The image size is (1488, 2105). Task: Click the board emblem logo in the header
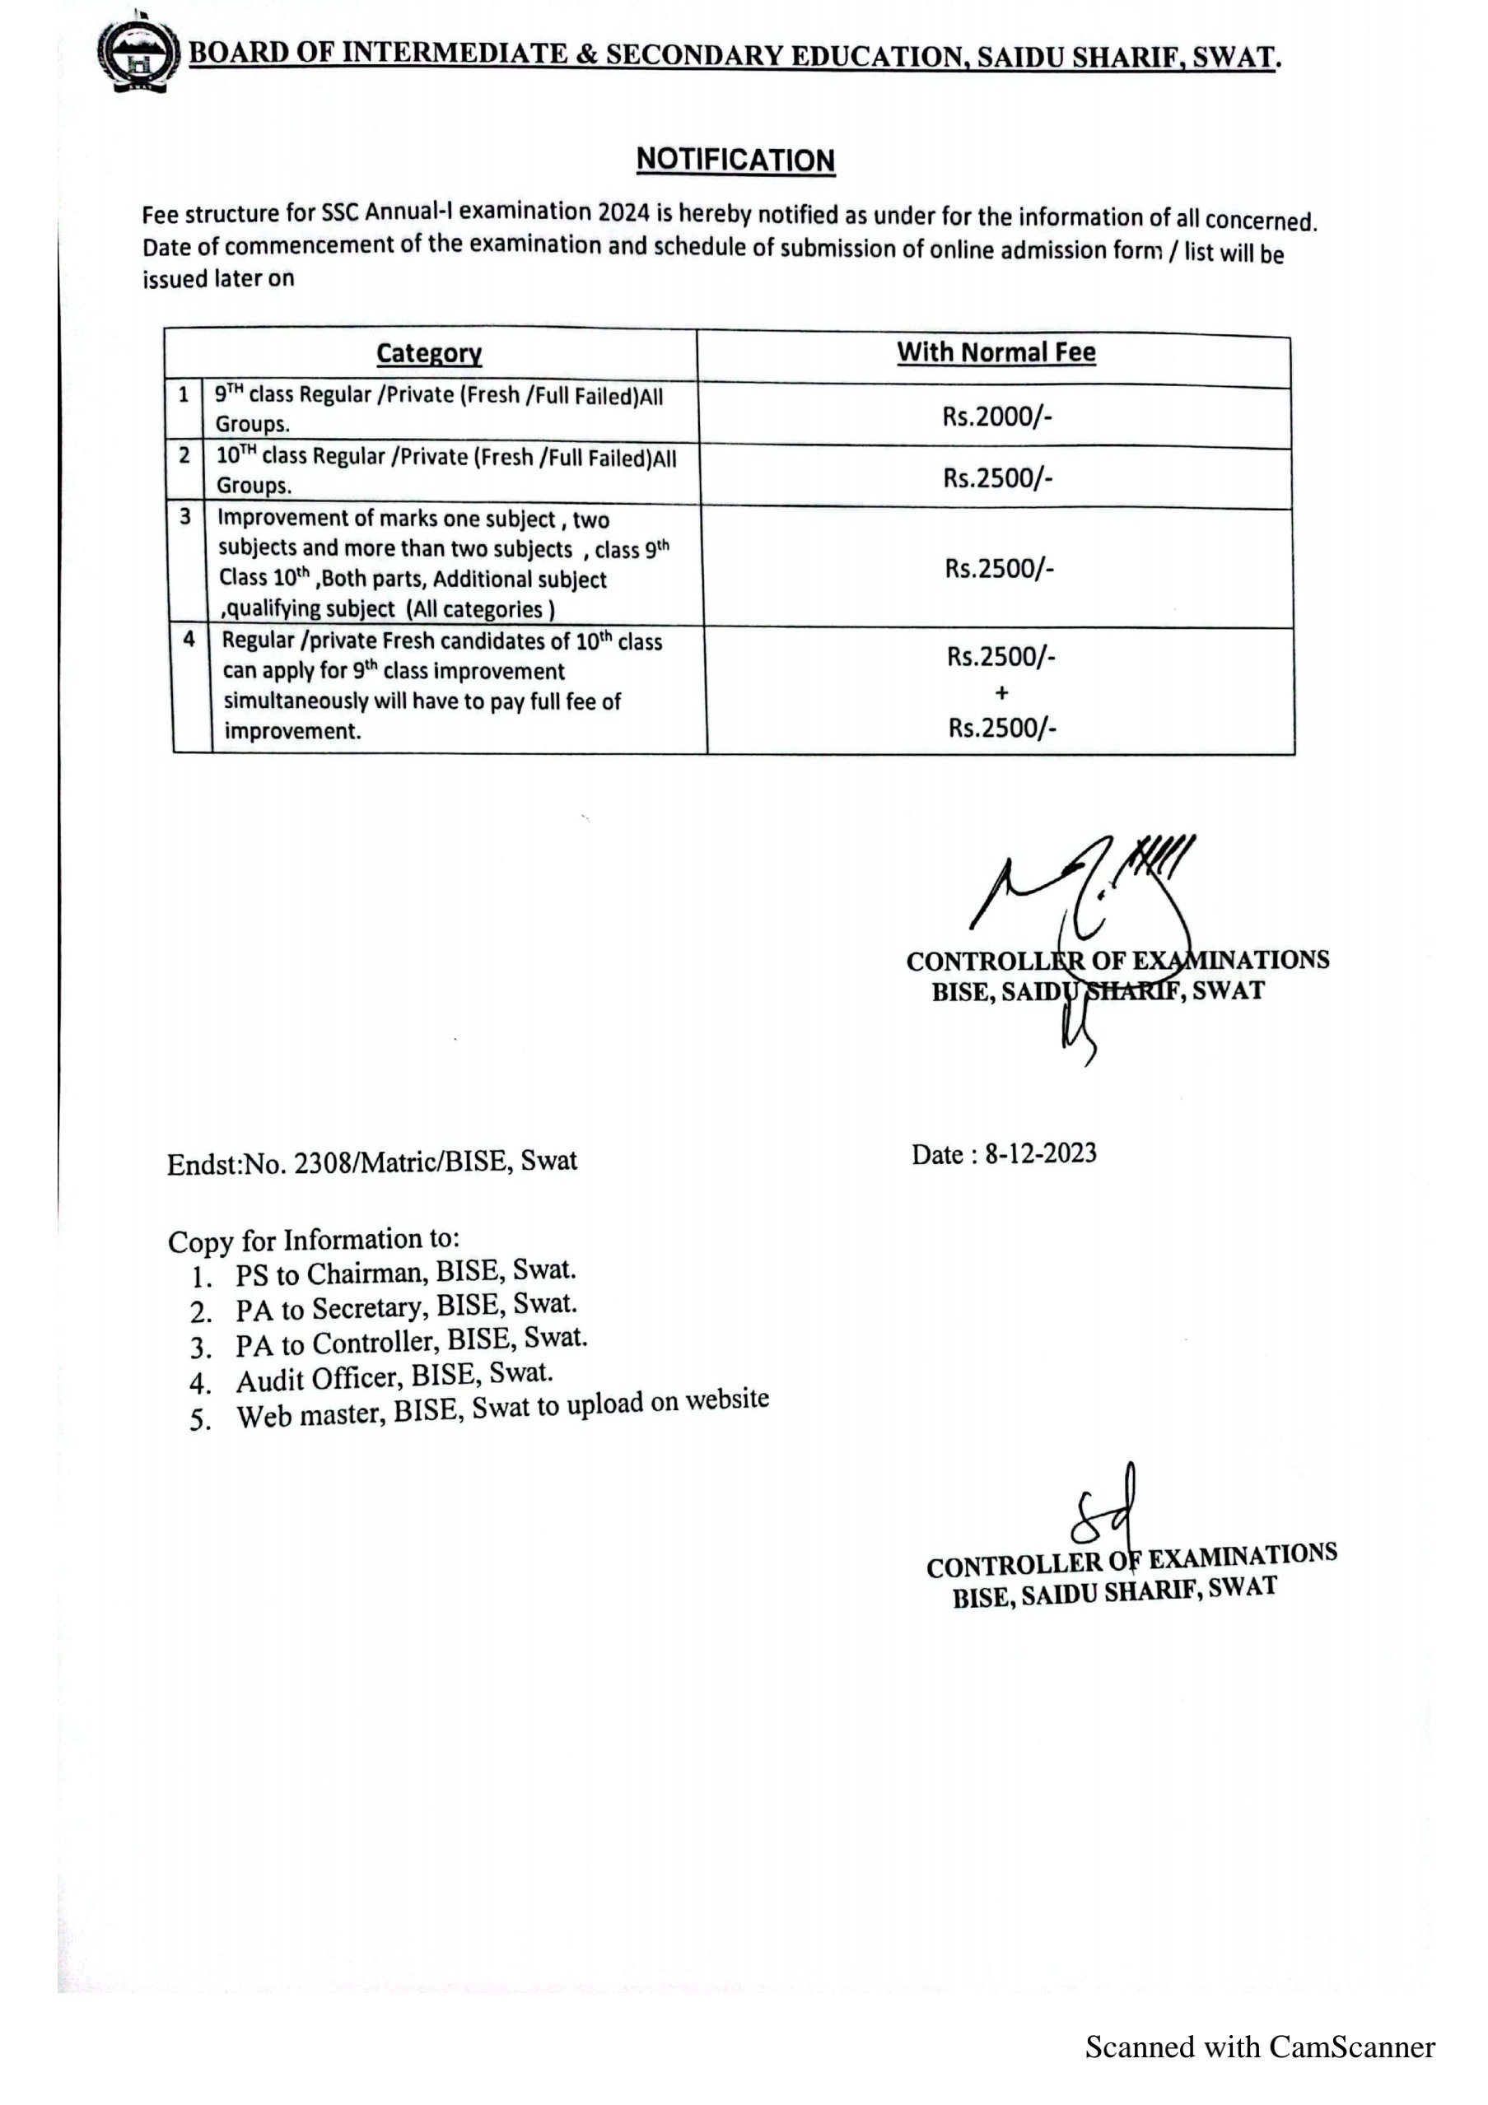(138, 54)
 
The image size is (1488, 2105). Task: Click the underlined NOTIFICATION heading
(735, 160)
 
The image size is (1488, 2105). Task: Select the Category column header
(429, 353)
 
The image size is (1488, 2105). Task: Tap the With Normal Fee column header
(996, 352)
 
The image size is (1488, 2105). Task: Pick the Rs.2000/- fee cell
(996, 417)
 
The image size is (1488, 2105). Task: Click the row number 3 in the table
(185, 517)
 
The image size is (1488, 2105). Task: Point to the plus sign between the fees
(1001, 692)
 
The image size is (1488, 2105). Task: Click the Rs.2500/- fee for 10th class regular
(997, 477)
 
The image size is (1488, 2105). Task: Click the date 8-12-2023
(1041, 1153)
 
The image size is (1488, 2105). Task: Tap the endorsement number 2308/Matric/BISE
(402, 1162)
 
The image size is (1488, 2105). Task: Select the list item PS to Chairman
(405, 1274)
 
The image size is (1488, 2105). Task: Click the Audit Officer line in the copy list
(394, 1377)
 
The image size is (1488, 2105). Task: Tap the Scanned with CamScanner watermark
(1260, 2047)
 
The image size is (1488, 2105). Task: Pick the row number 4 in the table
(189, 639)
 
